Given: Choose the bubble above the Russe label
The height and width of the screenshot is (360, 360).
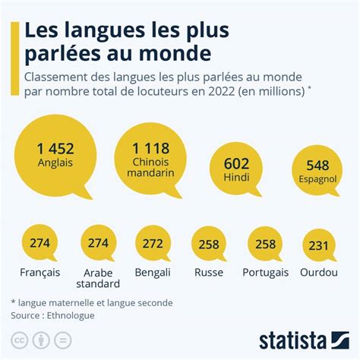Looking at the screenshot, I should [x=208, y=245].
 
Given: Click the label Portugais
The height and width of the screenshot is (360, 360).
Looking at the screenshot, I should [x=265, y=272].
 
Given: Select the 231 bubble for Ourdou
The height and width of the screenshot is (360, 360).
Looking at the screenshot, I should [x=321, y=245].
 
